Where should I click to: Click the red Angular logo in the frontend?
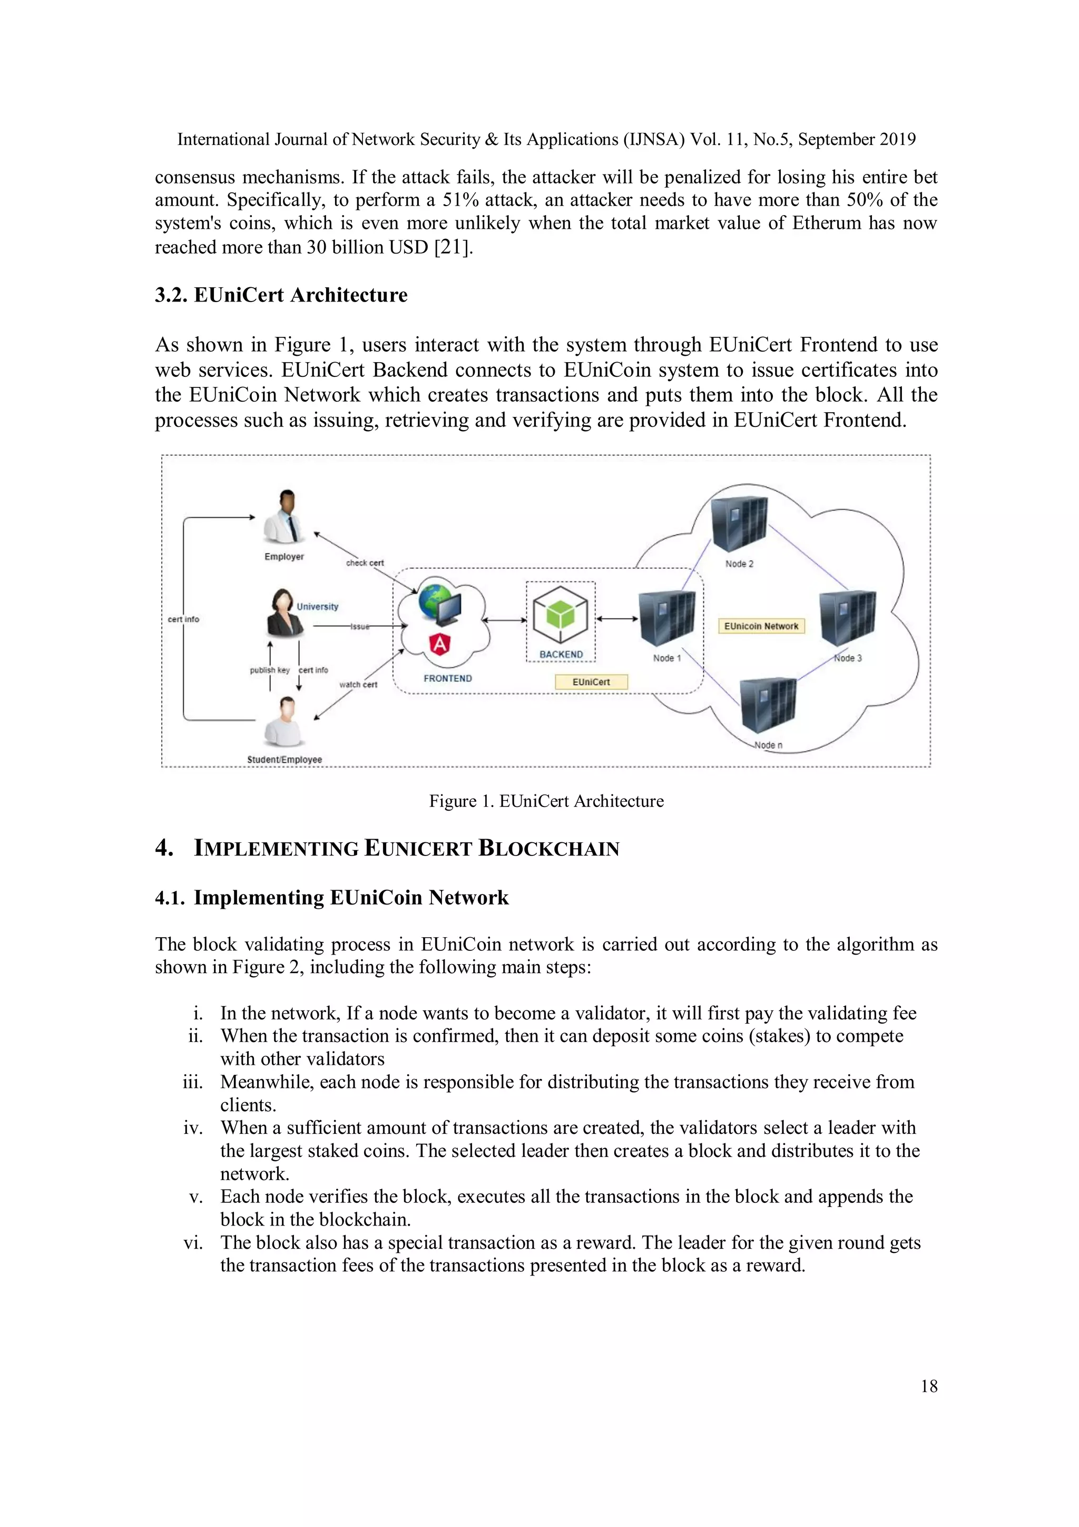pyautogui.click(x=440, y=643)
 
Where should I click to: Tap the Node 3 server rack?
pyautogui.click(x=847, y=618)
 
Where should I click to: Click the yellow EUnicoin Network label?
pyautogui.click(x=761, y=626)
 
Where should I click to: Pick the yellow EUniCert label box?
pyautogui.click(x=591, y=682)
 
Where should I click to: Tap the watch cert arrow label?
pyautogui.click(x=358, y=684)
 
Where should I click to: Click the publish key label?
pyautogui.click(x=269, y=670)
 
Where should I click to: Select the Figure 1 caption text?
pyautogui.click(x=546, y=801)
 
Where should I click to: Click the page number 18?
pyautogui.click(x=929, y=1386)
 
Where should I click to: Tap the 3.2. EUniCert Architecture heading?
pyautogui.click(x=281, y=295)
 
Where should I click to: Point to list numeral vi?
pyautogui.click(x=193, y=1242)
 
